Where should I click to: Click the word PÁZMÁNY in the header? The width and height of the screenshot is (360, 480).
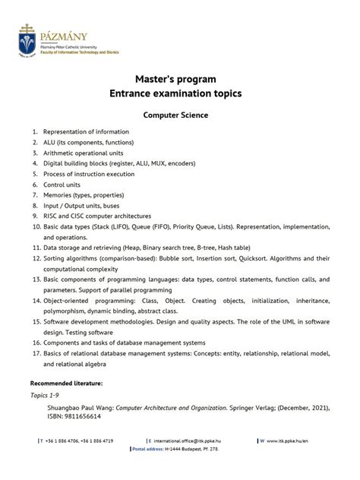65,36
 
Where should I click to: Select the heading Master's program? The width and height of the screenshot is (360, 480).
176,79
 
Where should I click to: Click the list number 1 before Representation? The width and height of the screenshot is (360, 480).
35,131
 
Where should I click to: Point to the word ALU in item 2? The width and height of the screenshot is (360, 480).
51,142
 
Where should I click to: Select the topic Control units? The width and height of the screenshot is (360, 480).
64,184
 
